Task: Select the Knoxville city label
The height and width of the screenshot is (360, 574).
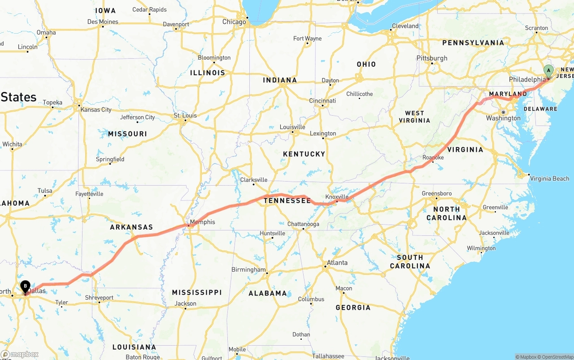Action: (x=337, y=197)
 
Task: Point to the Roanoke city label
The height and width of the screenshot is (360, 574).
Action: (x=433, y=157)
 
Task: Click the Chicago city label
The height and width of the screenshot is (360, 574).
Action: (x=234, y=22)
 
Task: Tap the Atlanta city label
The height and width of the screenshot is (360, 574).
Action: (x=337, y=263)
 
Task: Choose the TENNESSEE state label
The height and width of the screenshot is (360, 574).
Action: (x=287, y=200)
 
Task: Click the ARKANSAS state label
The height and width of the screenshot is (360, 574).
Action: (x=131, y=227)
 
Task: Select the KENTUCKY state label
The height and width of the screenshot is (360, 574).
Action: (x=304, y=154)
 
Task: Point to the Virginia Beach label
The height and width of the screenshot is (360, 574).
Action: (x=549, y=178)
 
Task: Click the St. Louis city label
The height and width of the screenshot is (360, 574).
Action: (x=185, y=116)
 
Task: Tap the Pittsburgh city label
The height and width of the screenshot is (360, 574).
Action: (x=432, y=58)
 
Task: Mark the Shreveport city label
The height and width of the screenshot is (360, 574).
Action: (x=99, y=298)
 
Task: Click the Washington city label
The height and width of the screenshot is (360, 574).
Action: (x=503, y=118)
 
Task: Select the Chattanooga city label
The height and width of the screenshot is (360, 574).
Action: (x=303, y=224)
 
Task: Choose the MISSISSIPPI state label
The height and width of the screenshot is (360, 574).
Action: (x=197, y=292)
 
